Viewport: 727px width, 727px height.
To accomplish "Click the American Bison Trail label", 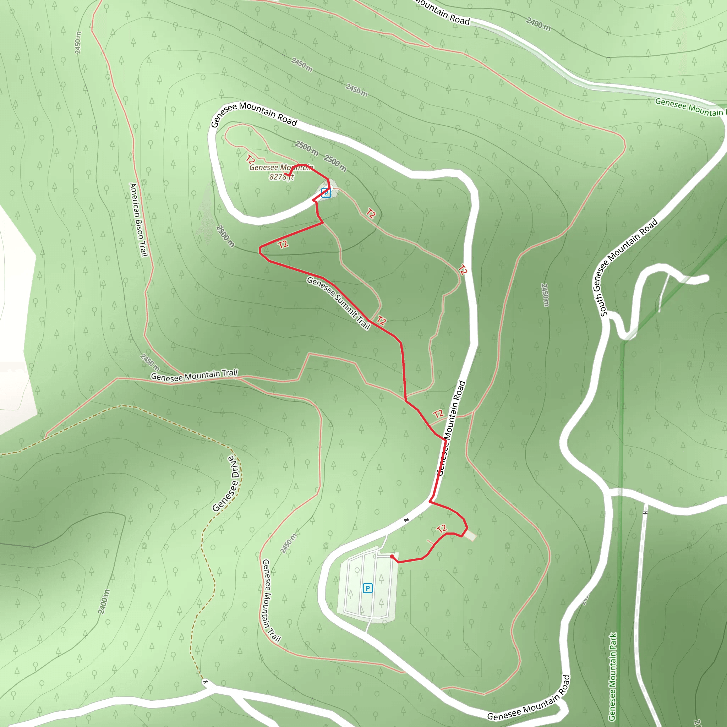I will click(138, 220).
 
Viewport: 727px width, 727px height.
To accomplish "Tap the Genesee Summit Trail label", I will click(338, 303).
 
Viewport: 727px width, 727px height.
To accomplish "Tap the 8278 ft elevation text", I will click(281, 177).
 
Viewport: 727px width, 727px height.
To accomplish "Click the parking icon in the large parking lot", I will click(368, 588).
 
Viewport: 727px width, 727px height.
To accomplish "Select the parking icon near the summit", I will click(326, 193).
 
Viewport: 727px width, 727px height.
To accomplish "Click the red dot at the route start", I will click(392, 557).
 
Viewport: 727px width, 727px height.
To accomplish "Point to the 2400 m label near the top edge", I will click(538, 24).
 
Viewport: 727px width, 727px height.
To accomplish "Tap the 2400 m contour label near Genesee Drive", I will click(104, 602).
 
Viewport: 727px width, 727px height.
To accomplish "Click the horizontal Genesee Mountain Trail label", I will click(194, 375).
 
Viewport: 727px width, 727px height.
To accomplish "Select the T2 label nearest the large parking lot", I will click(442, 529).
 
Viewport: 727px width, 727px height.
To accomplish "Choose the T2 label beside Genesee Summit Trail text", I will click(382, 321).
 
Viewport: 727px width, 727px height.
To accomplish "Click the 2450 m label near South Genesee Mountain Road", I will click(545, 295).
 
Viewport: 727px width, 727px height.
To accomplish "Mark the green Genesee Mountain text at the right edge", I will click(689, 107).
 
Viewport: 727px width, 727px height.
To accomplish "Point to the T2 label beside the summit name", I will click(251, 159).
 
